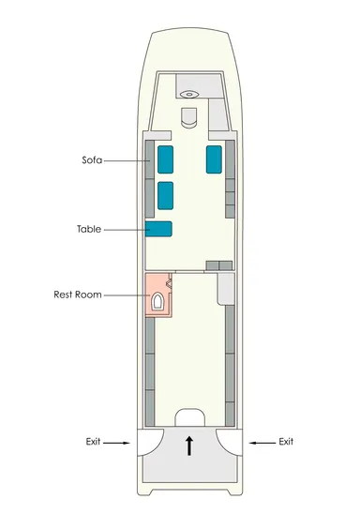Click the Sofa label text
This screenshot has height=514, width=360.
pos(92,160)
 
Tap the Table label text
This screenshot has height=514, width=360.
pos(89,229)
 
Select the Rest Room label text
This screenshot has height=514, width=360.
pos(78,295)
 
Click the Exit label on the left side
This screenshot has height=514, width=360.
pos(93,442)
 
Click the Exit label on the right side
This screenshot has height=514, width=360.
pos(286,442)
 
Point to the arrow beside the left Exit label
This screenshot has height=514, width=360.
pos(116,443)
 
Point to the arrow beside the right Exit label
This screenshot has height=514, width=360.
pos(262,443)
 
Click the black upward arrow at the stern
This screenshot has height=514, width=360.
pos(189,446)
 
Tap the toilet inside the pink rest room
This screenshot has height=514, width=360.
pos(157,301)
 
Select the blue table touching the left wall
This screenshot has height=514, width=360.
pos(158,229)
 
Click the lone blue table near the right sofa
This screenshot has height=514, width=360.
pos(214,159)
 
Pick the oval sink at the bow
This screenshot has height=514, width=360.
pos(189,94)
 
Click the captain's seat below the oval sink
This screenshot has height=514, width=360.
pos(189,117)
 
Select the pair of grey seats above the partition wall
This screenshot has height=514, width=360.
pos(219,265)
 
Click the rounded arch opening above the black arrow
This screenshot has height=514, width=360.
pos(190,417)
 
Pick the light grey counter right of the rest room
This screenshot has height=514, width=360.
pos(226,289)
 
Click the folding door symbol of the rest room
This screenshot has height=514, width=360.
pos(170,283)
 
